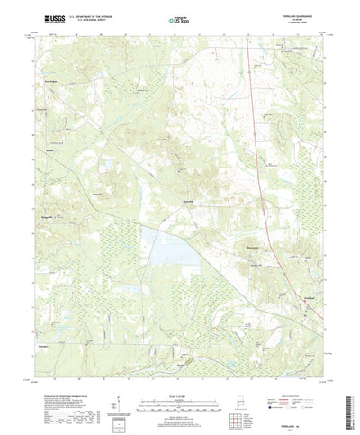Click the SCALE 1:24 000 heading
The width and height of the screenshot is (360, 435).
point(181,376)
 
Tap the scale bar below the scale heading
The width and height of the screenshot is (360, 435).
point(181,385)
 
